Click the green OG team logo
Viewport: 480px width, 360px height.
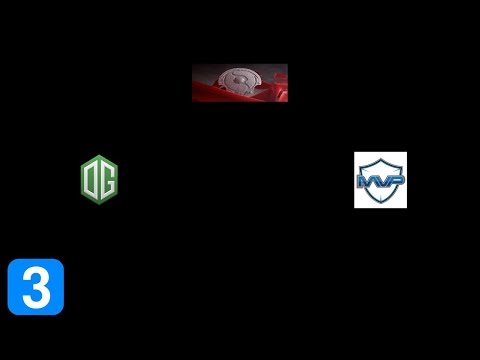coord(99,179)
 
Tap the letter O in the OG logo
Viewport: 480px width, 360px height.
coord(92,179)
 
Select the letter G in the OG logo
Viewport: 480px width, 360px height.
coord(106,180)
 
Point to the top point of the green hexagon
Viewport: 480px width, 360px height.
coord(99,156)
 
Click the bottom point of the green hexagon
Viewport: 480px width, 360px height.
coord(99,203)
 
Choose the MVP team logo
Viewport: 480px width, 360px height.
coord(380,180)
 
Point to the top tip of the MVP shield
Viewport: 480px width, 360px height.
coord(380,157)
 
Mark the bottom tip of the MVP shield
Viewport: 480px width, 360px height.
coord(380,204)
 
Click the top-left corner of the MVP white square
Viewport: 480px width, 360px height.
coord(355,153)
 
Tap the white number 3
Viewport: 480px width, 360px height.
coord(35,287)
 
